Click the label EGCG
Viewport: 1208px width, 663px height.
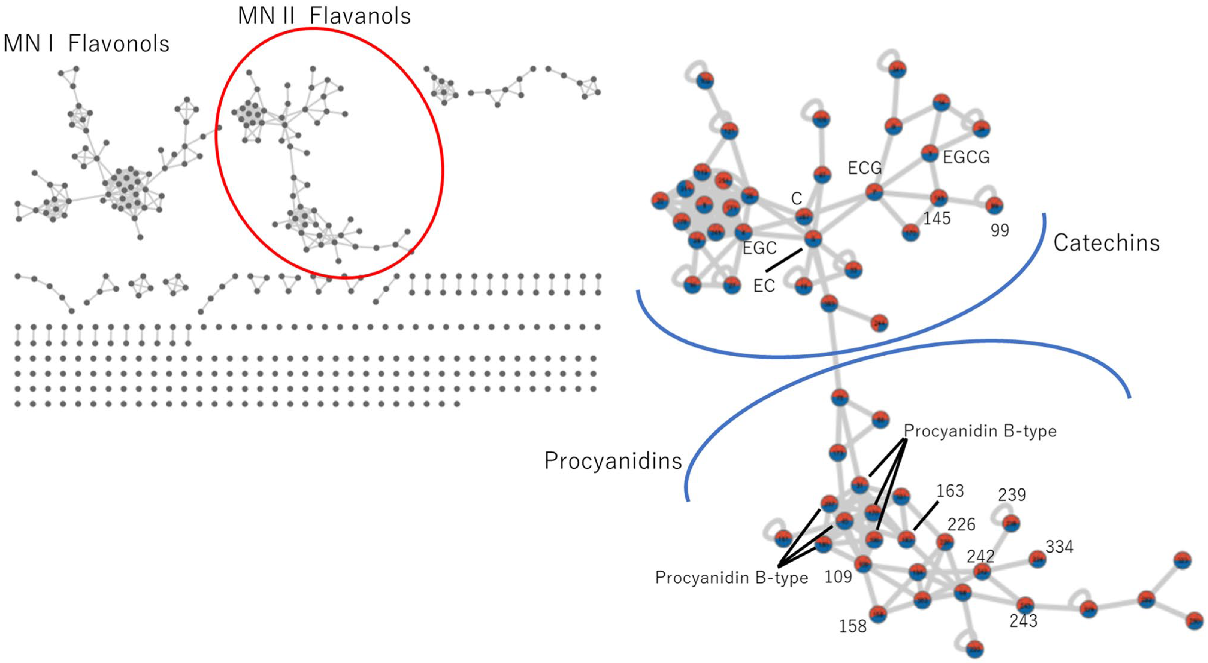tap(966, 157)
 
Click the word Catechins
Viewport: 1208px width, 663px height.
tap(1106, 243)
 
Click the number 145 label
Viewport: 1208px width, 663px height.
tap(936, 219)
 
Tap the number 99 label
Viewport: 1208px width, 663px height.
tap(999, 230)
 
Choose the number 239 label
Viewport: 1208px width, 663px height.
tap(1012, 495)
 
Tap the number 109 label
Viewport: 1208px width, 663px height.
tap(838, 577)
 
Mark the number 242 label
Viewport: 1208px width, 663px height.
tap(980, 556)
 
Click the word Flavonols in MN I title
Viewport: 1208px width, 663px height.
tap(119, 44)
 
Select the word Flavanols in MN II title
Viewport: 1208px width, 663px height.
tap(360, 16)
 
